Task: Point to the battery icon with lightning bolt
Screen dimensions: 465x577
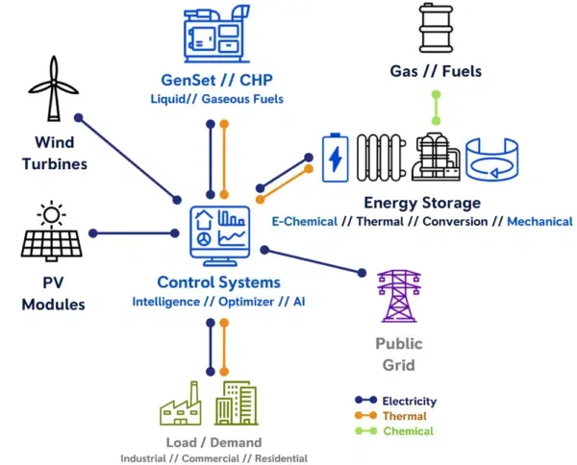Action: coord(336,158)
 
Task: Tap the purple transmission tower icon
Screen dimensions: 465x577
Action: coord(398,296)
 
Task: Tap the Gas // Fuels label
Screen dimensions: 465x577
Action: coord(436,71)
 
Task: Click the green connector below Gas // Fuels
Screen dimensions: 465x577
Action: coord(436,108)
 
